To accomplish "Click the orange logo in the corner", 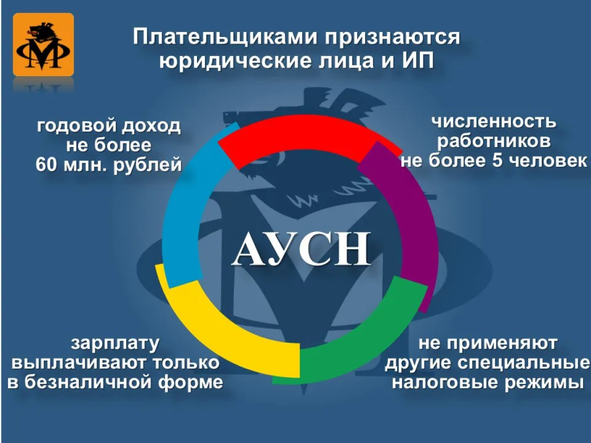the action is pos(43,44).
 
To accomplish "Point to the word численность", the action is pos(494,122).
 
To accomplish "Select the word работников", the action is pos(494,141).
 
